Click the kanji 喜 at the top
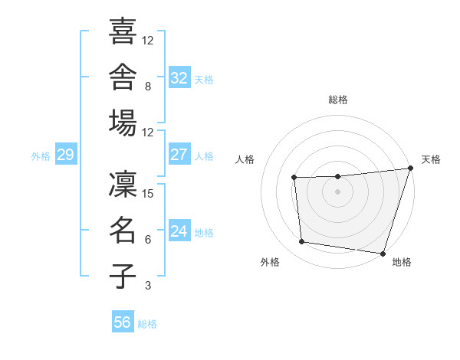(x=123, y=31)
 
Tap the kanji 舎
(x=123, y=77)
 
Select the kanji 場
(x=123, y=123)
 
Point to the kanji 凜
(x=123, y=184)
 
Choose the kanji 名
(x=123, y=230)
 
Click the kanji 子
(x=123, y=276)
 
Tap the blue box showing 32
(x=179, y=77)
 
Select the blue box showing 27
(x=179, y=154)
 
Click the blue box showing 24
(x=179, y=230)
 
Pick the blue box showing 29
(x=66, y=154)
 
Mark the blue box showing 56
(x=123, y=321)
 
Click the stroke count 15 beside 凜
(x=147, y=194)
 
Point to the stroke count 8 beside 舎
(x=148, y=87)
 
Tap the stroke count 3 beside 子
(x=148, y=285)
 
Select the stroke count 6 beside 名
(x=148, y=239)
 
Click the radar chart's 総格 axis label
(x=338, y=100)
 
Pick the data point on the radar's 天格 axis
(x=411, y=168)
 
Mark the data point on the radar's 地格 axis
(x=383, y=254)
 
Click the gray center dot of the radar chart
(x=337, y=191)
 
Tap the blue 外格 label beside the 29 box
(x=41, y=156)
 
